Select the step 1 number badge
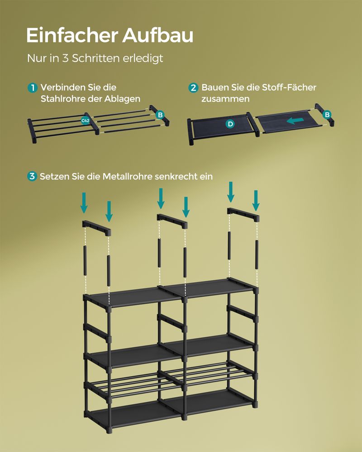[32, 88]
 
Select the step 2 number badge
[193, 88]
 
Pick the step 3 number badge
[32, 176]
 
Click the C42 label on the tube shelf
[85, 121]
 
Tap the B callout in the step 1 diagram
[160, 115]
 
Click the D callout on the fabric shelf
[230, 123]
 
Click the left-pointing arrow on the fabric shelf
[295, 121]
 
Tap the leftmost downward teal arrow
[84, 202]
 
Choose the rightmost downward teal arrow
[256, 200]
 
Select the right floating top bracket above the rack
[244, 214]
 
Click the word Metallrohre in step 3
[128, 176]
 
